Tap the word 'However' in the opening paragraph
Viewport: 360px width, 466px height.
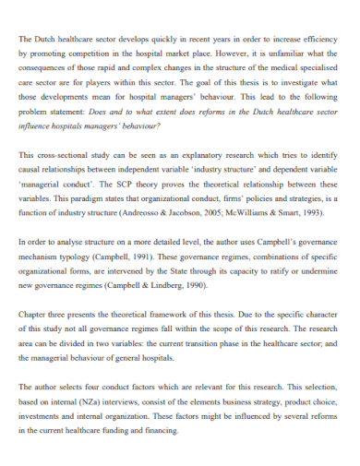point(247,54)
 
